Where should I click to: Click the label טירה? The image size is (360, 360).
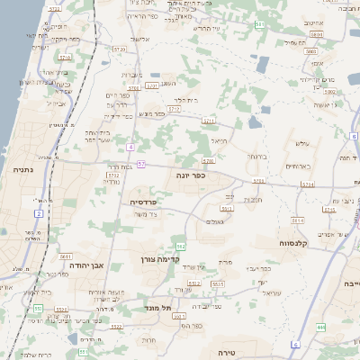click(244, 352)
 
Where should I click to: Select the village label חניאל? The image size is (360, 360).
click(219, 141)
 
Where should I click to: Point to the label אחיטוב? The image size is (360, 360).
click(314, 22)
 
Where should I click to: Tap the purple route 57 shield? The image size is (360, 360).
click(141, 164)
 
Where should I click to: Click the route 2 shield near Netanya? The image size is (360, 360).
click(39, 213)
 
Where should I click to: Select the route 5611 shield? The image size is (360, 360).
click(65, 256)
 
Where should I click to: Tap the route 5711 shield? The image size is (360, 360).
click(210, 119)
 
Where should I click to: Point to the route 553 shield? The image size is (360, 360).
click(38, 309)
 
